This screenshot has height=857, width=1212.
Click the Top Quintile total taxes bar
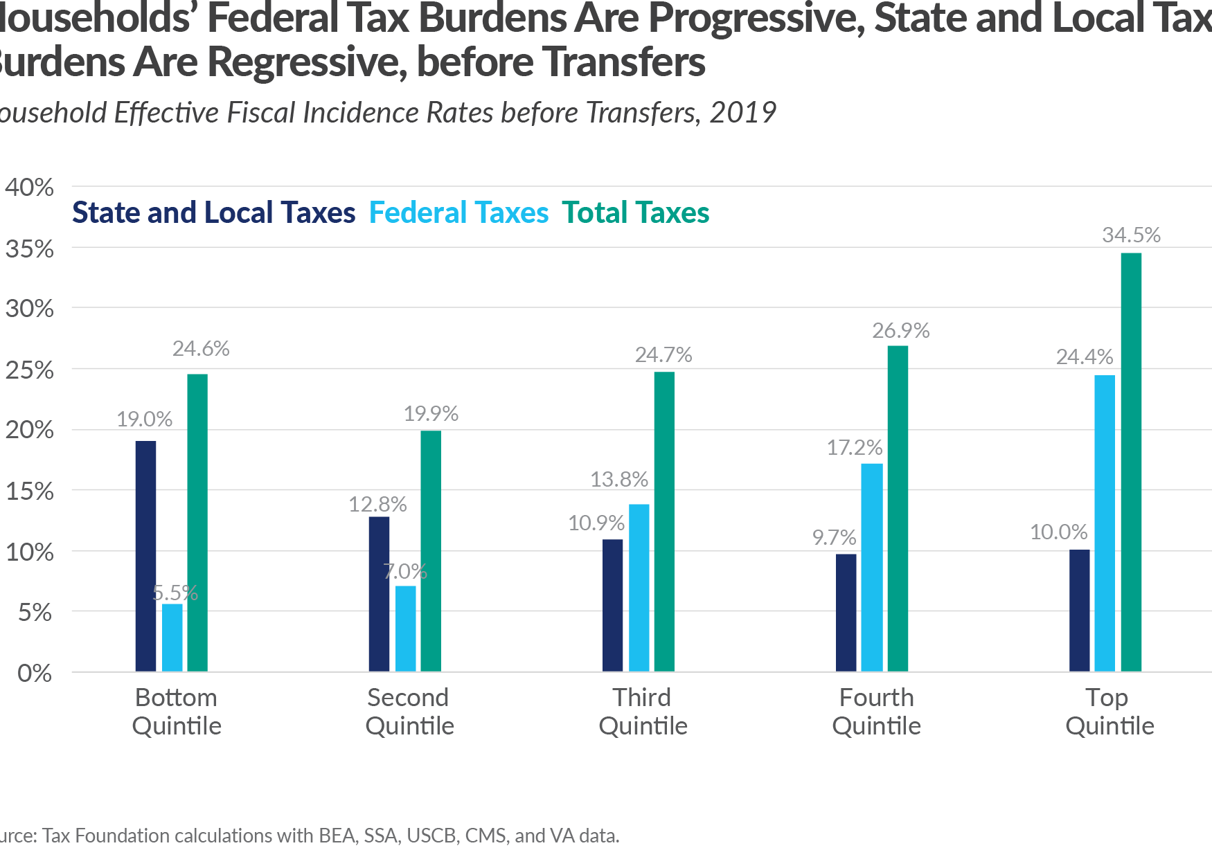click(x=1131, y=462)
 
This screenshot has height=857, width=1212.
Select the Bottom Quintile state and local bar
click(x=145, y=556)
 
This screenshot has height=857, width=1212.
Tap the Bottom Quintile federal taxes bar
click(x=172, y=638)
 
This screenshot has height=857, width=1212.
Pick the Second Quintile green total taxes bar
click(x=431, y=551)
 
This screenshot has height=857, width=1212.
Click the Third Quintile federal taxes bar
click(x=639, y=588)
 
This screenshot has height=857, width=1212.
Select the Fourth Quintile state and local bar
click(x=846, y=613)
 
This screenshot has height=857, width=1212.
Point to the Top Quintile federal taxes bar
click(x=1105, y=523)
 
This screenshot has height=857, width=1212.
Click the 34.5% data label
click(x=1131, y=235)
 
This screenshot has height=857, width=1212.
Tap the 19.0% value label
click(x=144, y=419)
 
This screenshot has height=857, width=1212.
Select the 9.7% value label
click(x=834, y=537)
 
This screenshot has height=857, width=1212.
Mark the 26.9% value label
click(x=900, y=331)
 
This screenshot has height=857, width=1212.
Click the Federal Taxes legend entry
click(x=458, y=213)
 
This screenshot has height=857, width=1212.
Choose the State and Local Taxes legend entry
click(x=213, y=213)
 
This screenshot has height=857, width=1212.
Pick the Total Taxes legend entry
click(x=635, y=213)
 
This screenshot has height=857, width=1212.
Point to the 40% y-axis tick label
click(x=29, y=188)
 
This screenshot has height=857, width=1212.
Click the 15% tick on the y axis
click(x=29, y=491)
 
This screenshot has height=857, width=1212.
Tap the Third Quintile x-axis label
click(x=643, y=712)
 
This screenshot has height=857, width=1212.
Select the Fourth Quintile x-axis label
click(x=876, y=712)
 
